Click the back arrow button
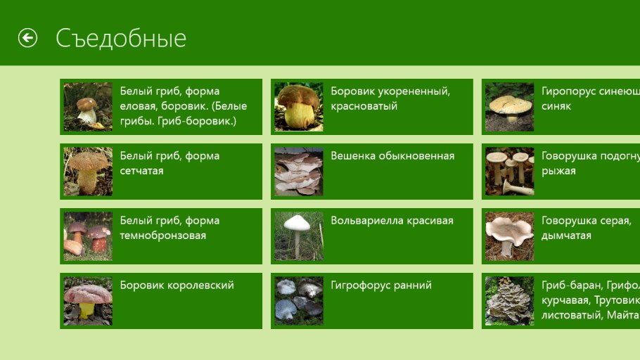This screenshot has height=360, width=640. click(x=27, y=38)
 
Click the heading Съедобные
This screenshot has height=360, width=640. click(x=121, y=38)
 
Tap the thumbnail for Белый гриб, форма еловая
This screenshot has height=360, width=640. click(x=88, y=107)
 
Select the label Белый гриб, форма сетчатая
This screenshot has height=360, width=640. click(x=169, y=163)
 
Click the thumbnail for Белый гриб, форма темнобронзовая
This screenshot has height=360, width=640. click(x=88, y=236)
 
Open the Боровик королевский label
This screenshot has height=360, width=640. click(x=177, y=285)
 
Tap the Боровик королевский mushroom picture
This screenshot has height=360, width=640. click(x=88, y=301)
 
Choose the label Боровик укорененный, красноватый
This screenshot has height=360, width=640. click(x=390, y=98)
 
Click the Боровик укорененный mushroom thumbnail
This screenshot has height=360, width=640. click(x=299, y=107)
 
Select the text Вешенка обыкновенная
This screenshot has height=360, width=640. click(x=392, y=156)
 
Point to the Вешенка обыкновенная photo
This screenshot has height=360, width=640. click(x=299, y=172)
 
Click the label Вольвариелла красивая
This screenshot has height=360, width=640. click(x=392, y=221)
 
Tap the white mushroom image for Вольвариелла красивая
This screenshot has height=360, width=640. click(x=299, y=236)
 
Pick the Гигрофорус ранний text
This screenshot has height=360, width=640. click(x=381, y=285)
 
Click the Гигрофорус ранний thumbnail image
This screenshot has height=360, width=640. click(x=299, y=301)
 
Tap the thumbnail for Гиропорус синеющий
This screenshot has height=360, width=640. click(x=510, y=107)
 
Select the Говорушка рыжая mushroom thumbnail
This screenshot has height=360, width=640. click(x=510, y=172)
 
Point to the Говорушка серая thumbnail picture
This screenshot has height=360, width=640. click(x=510, y=236)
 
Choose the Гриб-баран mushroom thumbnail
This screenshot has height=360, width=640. click(x=510, y=301)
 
